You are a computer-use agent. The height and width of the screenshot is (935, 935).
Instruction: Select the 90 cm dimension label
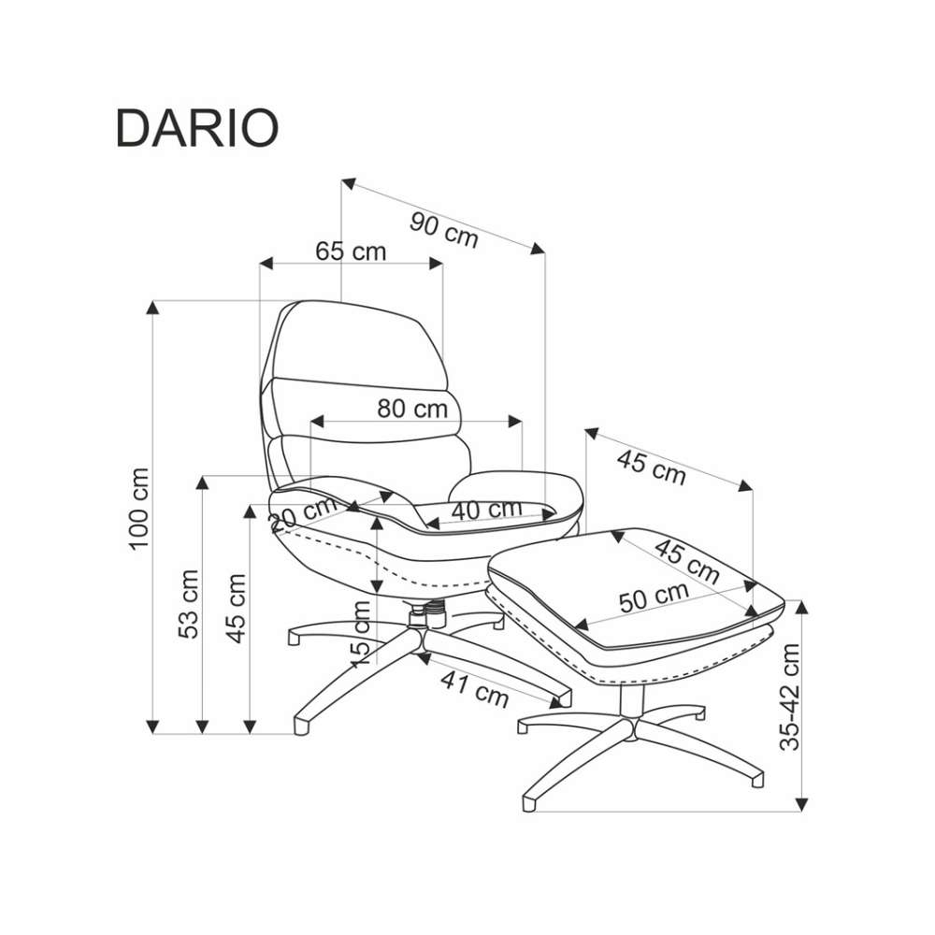point(444,229)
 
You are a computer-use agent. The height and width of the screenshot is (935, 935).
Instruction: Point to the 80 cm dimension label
point(411,409)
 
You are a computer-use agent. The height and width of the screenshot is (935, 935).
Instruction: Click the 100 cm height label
point(139,509)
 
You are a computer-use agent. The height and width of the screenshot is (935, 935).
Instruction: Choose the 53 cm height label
point(190,603)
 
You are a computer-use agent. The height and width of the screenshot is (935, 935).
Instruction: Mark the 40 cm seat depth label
point(486,510)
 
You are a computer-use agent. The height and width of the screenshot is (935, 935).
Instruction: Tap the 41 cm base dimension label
point(475,690)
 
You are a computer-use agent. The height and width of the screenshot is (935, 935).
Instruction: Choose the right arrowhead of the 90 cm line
point(538,247)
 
